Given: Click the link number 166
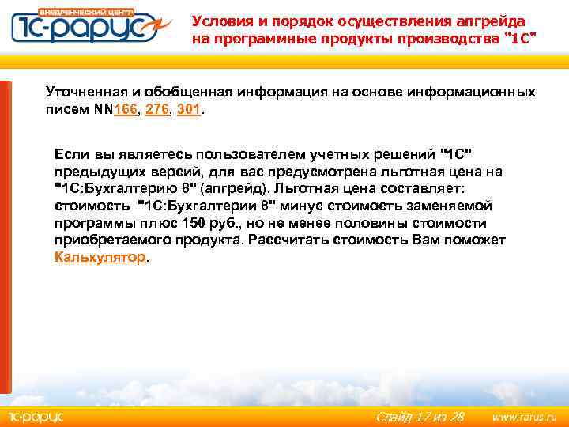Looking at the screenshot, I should pos(125,111).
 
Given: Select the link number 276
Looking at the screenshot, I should pos(158,111).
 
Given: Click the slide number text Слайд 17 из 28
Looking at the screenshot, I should pos(420,416).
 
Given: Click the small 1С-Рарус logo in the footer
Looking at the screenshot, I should pos(35,416).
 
